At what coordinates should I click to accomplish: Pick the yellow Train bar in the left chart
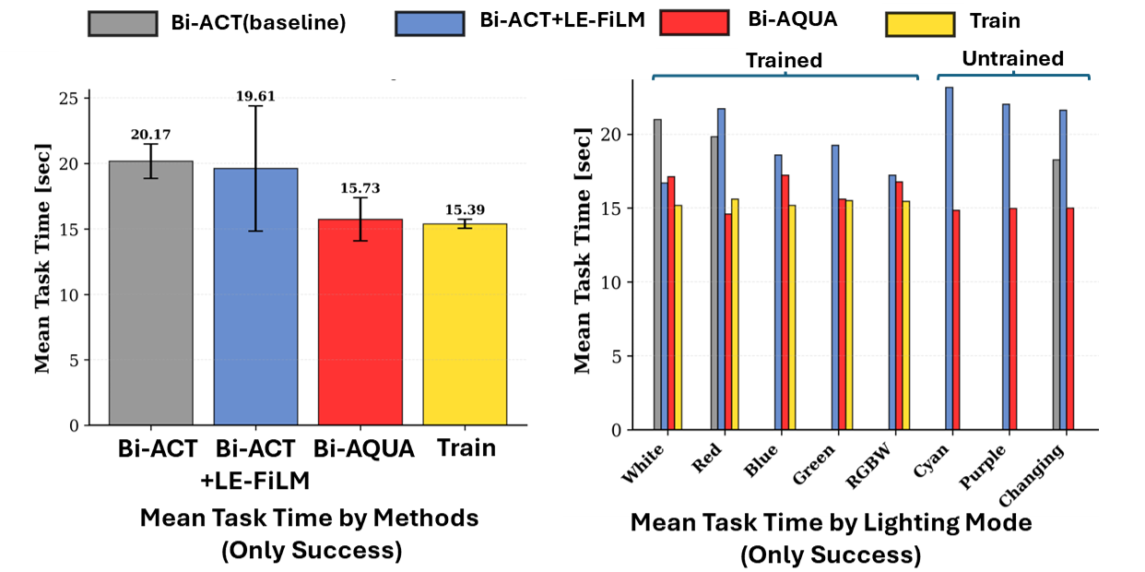465,324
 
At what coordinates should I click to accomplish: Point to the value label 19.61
255,96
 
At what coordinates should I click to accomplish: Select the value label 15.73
360,189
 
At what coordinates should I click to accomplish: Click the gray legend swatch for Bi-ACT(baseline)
123,23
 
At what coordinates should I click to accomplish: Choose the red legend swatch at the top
693,23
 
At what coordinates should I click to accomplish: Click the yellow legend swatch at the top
918,23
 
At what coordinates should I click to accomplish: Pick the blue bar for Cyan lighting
949,258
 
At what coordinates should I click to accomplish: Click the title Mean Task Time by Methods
309,518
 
